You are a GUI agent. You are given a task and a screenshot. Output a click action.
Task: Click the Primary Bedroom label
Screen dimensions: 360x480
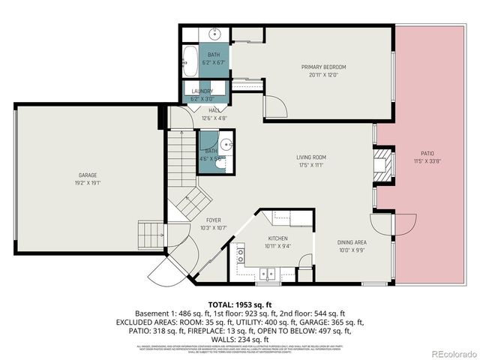point(323,67)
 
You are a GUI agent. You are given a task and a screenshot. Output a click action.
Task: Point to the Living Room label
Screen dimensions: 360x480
point(312,157)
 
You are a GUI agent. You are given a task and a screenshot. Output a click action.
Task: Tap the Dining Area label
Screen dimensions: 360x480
point(352,242)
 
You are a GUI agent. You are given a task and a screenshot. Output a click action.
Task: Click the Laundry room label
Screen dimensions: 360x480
point(203,91)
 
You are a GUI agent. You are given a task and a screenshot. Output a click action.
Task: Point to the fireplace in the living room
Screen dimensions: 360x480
point(383,163)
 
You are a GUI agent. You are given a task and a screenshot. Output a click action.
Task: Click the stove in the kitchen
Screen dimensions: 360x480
point(242,255)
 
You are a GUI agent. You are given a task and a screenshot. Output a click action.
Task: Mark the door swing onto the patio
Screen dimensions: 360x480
point(403,223)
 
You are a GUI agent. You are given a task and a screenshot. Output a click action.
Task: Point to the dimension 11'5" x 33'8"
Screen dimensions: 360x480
point(427,160)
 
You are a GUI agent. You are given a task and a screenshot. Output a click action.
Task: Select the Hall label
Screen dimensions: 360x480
point(214,110)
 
